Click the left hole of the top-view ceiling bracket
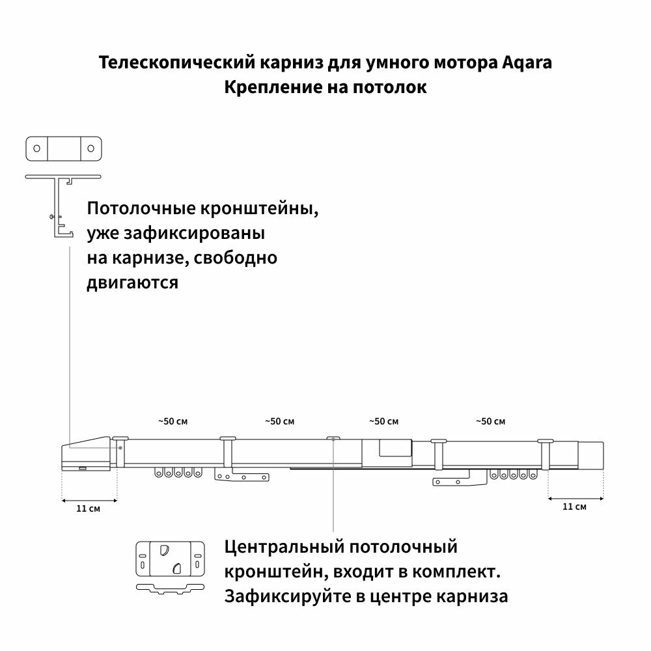point(37,148)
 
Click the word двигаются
point(132,283)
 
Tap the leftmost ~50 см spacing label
point(173,421)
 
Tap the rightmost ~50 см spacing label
point(491,421)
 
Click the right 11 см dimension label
point(574,506)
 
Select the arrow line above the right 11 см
point(575,498)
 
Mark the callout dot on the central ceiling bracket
point(333,439)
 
